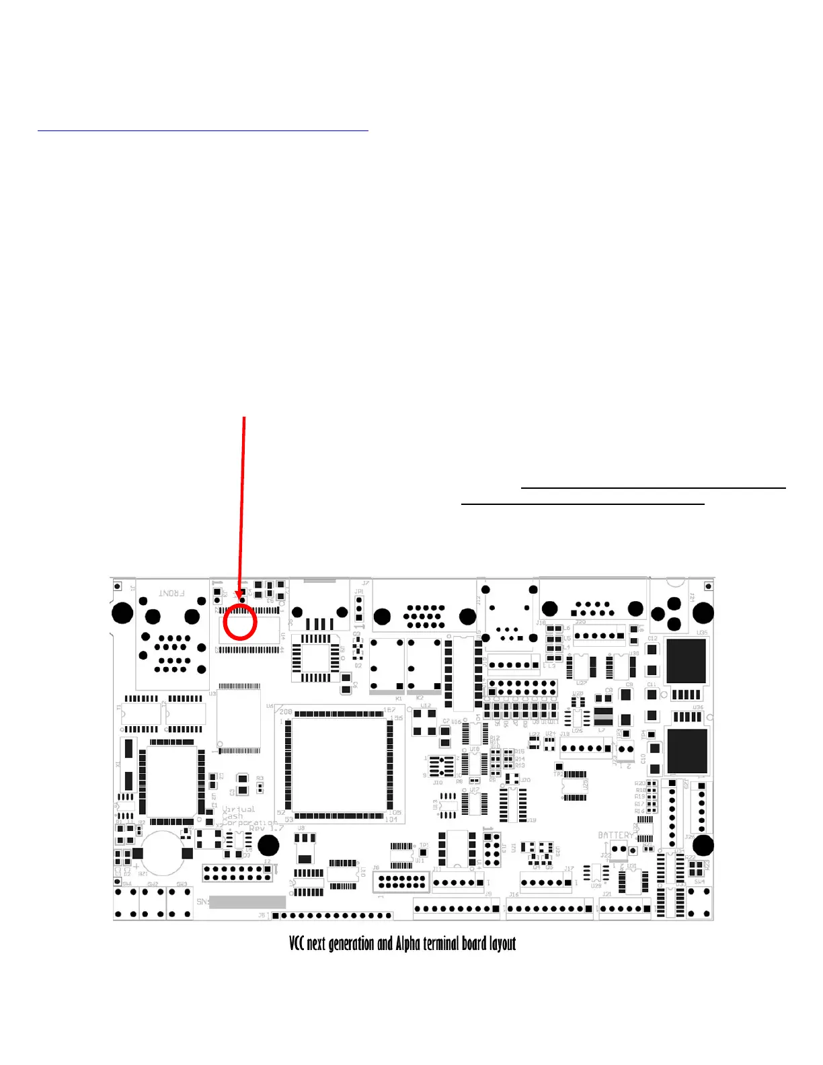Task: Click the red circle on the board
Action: point(239,621)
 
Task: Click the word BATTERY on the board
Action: point(615,835)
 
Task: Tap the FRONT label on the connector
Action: point(171,593)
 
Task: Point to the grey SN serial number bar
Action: point(247,902)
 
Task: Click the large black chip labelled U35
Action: point(686,660)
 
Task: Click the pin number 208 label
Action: point(286,712)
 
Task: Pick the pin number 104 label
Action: point(391,820)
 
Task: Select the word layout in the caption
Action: point(502,943)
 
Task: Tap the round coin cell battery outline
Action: point(161,853)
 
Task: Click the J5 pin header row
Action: point(333,915)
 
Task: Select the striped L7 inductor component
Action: point(603,717)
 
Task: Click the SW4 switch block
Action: point(699,902)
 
